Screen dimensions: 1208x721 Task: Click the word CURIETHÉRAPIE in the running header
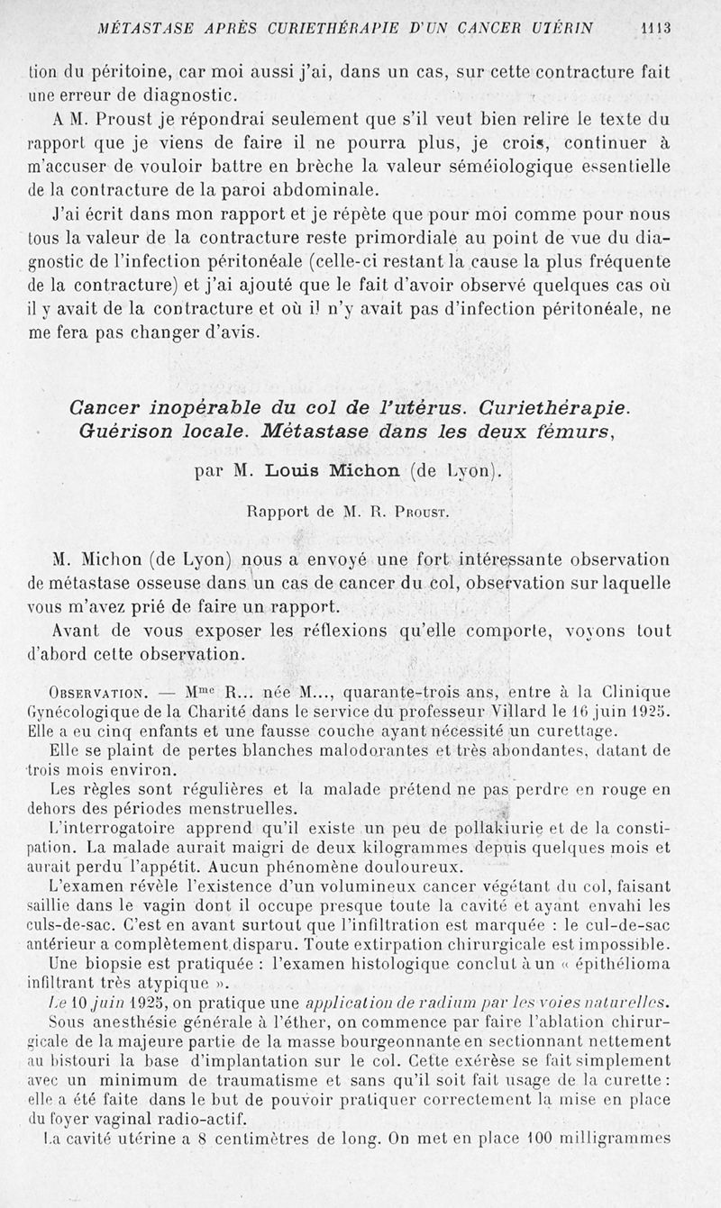pyautogui.click(x=329, y=28)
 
